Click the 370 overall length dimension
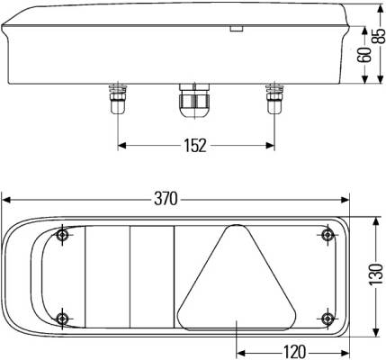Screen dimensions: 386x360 pyautogui.click(x=166, y=199)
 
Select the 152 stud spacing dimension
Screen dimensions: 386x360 pyautogui.click(x=195, y=146)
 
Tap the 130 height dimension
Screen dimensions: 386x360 pyautogui.click(x=376, y=274)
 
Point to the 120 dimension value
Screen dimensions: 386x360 pyautogui.click(x=294, y=352)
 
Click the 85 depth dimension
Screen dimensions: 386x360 pyautogui.click(x=379, y=36)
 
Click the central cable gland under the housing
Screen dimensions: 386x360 pyautogui.click(x=195, y=101)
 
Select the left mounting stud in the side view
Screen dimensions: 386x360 pyautogui.click(x=118, y=99)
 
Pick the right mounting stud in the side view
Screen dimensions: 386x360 pyautogui.click(x=274, y=99)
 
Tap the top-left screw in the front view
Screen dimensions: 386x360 pyautogui.click(x=62, y=235)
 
